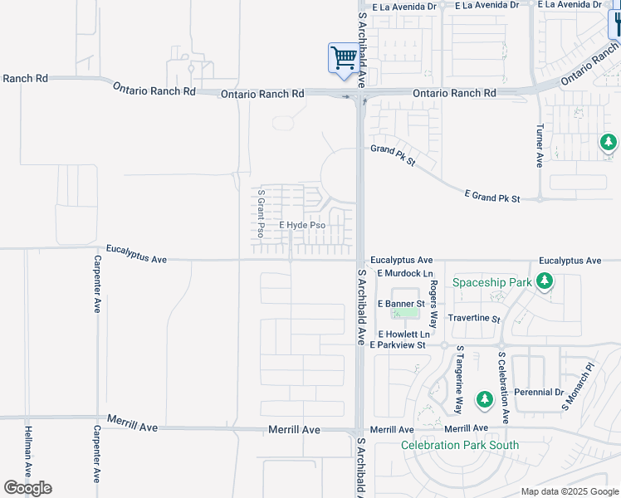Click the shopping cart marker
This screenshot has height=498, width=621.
343,59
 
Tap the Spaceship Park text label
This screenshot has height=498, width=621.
491,282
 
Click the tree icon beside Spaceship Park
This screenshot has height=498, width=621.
545,282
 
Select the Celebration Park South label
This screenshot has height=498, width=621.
460,446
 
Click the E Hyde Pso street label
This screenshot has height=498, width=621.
301,225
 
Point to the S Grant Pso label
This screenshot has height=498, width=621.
261,212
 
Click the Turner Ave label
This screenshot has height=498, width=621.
540,146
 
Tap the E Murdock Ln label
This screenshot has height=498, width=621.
405,273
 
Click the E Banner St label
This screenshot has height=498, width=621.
400,303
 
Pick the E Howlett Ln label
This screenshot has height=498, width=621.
403,333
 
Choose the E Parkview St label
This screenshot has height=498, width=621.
398,344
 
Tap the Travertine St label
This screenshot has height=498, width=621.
474,319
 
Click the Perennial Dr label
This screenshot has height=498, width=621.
537,393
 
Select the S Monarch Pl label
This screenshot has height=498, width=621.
579,388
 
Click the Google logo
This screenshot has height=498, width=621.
27,488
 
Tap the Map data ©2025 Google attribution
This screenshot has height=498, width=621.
569,491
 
